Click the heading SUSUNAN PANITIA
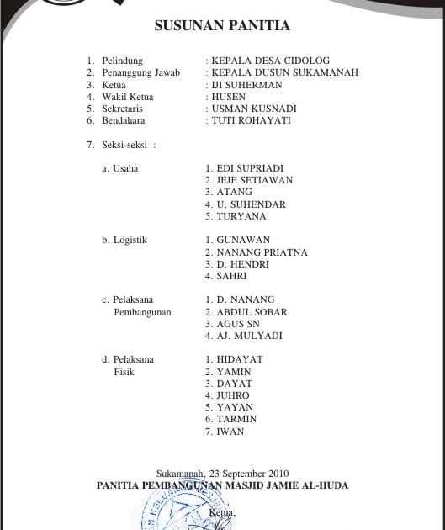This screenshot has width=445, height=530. (222, 26)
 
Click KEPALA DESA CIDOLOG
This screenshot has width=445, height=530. (271, 61)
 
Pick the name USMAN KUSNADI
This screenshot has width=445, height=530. (255, 109)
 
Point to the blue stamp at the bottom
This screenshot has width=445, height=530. (177, 509)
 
